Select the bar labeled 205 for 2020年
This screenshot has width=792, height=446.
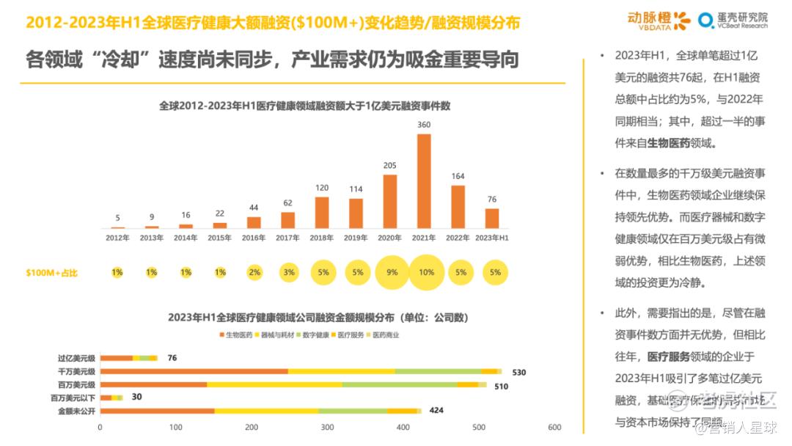(x=389, y=201)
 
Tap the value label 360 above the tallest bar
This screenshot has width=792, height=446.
(x=423, y=125)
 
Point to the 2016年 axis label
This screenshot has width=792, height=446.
(x=254, y=238)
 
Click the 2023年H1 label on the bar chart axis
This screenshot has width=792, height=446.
(x=492, y=238)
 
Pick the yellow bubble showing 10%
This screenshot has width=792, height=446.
(x=426, y=273)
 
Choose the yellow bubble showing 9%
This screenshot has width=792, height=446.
(x=392, y=273)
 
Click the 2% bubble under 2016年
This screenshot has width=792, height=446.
(x=254, y=273)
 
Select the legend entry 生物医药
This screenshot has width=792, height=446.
(x=236, y=335)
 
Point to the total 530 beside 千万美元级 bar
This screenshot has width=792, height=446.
(x=519, y=372)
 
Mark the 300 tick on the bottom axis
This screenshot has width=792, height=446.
(x=327, y=427)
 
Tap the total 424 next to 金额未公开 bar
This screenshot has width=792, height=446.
(x=436, y=410)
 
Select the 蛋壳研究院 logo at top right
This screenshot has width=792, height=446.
(x=733, y=20)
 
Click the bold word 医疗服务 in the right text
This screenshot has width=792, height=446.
(x=669, y=357)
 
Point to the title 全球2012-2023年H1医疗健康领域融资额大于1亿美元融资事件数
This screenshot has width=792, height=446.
(x=304, y=106)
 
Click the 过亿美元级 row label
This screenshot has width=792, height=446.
(x=76, y=358)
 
